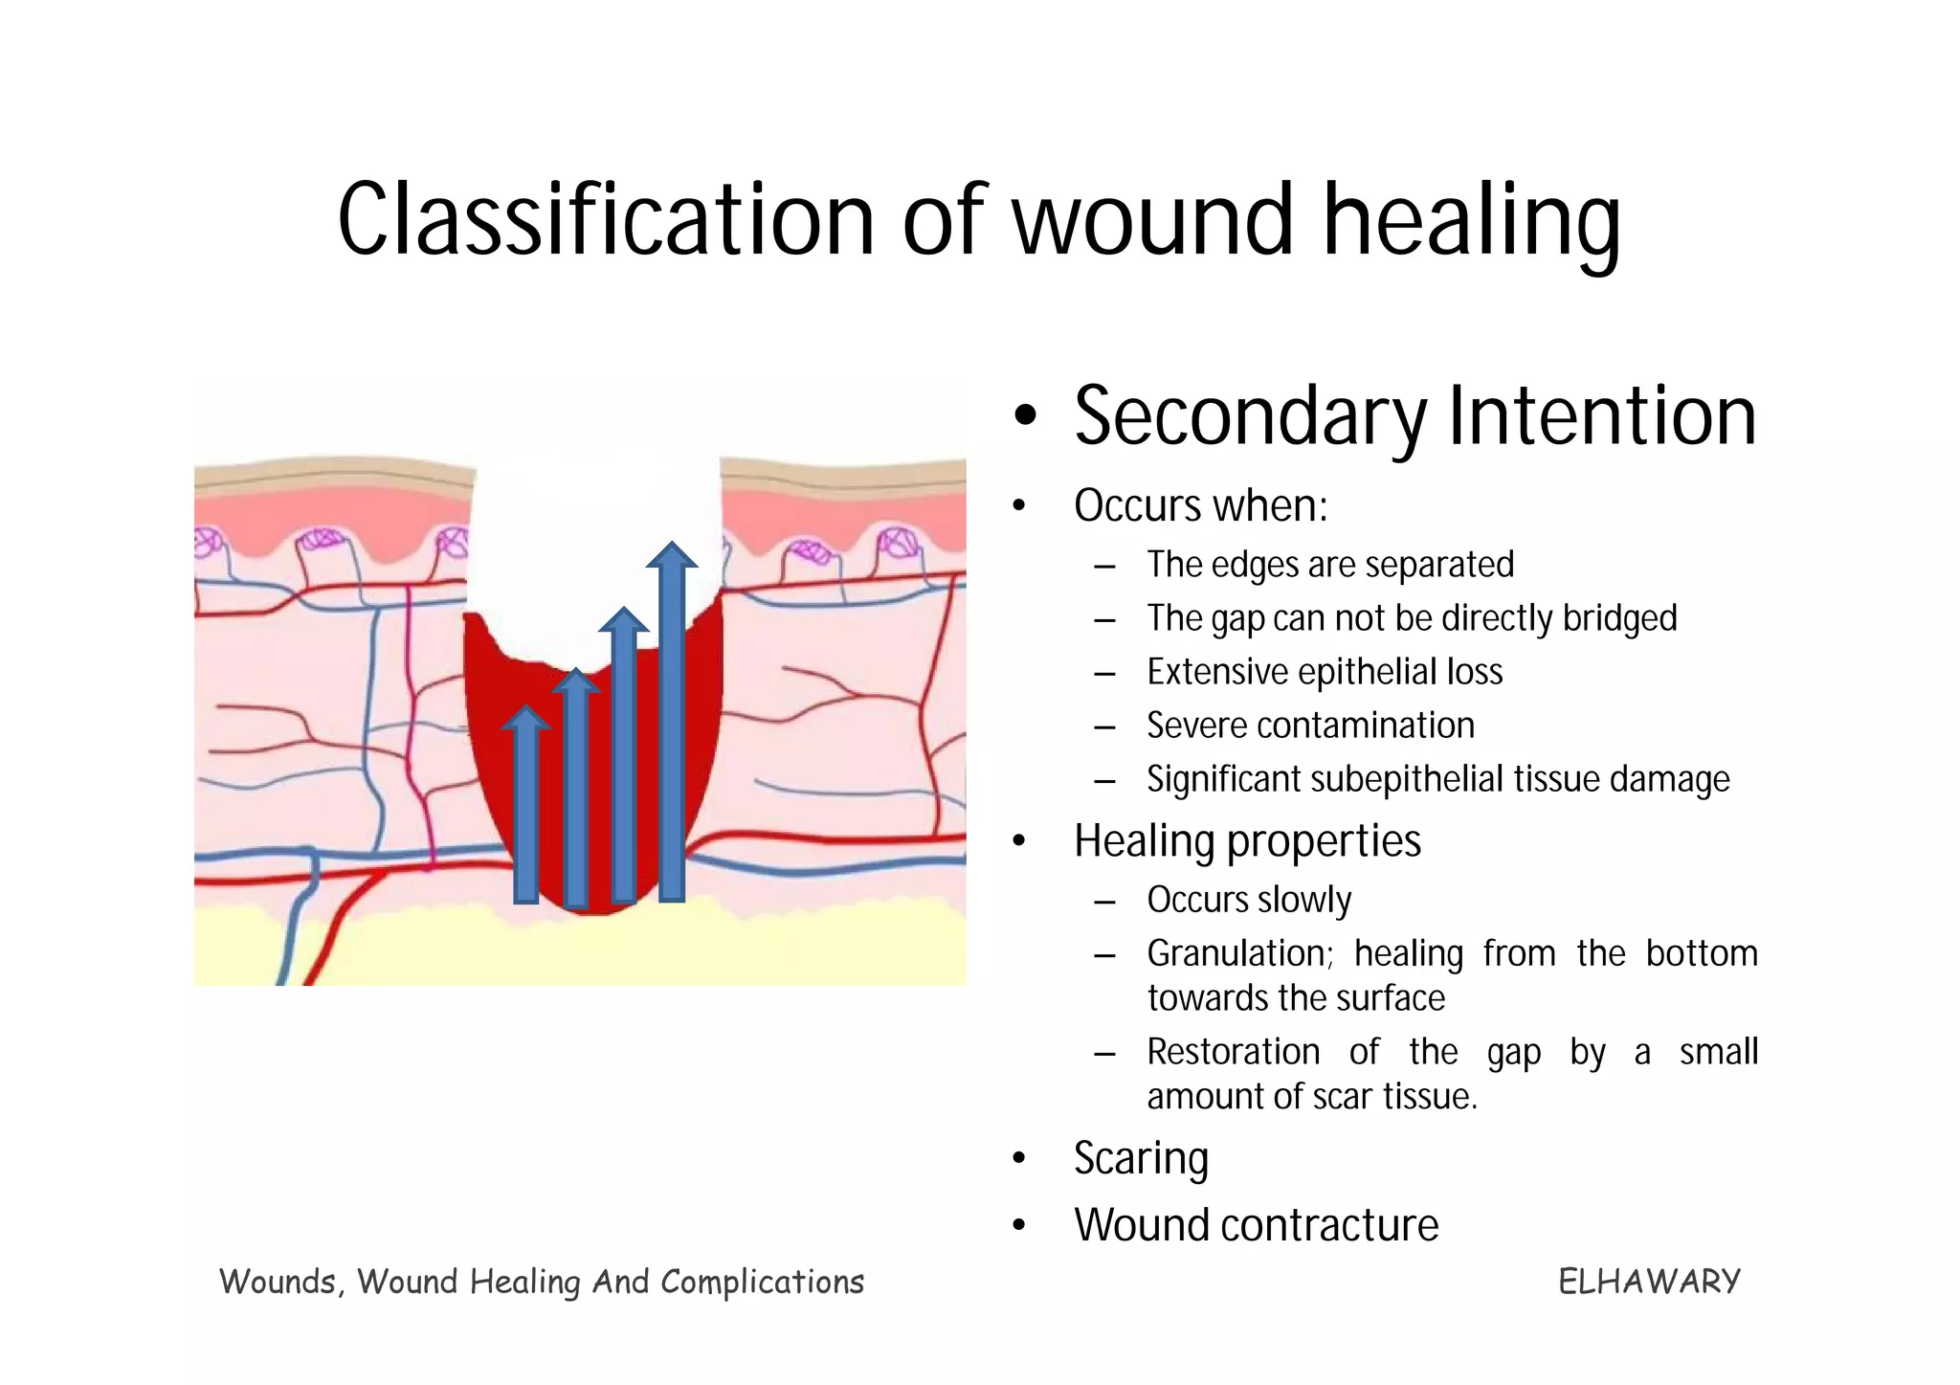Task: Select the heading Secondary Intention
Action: [x=1414, y=416]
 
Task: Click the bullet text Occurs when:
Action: [x=1200, y=505]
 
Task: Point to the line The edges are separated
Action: [x=1329, y=565]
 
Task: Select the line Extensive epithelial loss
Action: [x=1324, y=672]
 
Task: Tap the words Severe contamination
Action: [x=1310, y=726]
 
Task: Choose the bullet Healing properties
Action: [x=1246, y=841]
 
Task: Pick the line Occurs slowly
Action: [x=1248, y=900]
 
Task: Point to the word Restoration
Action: [x=1233, y=1052]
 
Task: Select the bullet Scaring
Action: [x=1141, y=1158]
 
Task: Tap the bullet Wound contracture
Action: [x=1256, y=1225]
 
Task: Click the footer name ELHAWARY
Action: [x=1648, y=1282]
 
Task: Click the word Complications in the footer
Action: [x=762, y=1282]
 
